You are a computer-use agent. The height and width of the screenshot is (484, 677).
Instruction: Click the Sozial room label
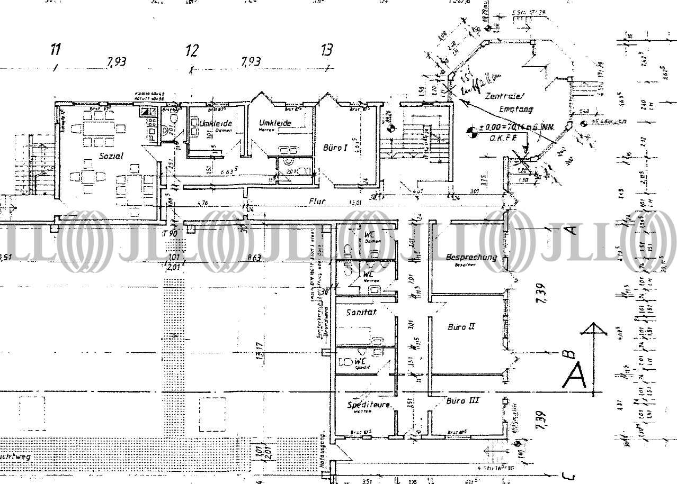pos(111,156)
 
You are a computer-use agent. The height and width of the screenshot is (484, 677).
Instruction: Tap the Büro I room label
pos(335,149)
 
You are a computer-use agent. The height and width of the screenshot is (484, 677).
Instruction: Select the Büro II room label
pos(461,327)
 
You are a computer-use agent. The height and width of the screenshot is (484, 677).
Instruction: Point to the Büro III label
pos(462,400)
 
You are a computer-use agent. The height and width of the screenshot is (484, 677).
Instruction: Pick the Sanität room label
pos(361,313)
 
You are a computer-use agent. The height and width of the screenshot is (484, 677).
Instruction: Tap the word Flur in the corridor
pos(318,201)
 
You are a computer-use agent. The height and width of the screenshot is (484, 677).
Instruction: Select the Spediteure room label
pos(369,405)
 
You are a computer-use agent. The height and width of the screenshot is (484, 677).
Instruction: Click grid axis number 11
pos(55,50)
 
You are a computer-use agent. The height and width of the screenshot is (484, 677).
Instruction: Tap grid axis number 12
pos(192,51)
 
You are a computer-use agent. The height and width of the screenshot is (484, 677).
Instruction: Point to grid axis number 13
pos(327,51)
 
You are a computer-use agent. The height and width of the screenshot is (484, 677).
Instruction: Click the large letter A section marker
pos(575,377)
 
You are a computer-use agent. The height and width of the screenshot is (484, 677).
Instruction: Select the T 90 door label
pos(170,233)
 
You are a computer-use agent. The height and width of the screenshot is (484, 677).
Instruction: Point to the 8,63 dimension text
pos(254,258)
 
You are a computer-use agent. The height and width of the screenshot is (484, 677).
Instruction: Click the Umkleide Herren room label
pos(275,123)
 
